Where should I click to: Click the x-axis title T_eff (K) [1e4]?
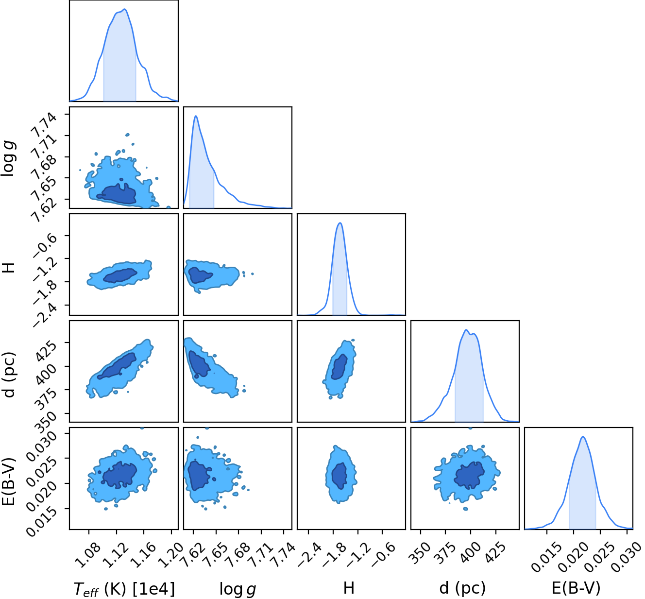coord(124,589)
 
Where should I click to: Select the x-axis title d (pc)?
coord(462,588)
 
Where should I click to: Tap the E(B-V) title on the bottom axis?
coord(576,588)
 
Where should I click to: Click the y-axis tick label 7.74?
coord(44,126)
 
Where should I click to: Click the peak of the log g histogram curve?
coord(196,116)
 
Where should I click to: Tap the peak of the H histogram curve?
coord(340,223)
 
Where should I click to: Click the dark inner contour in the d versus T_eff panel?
coord(117,366)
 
